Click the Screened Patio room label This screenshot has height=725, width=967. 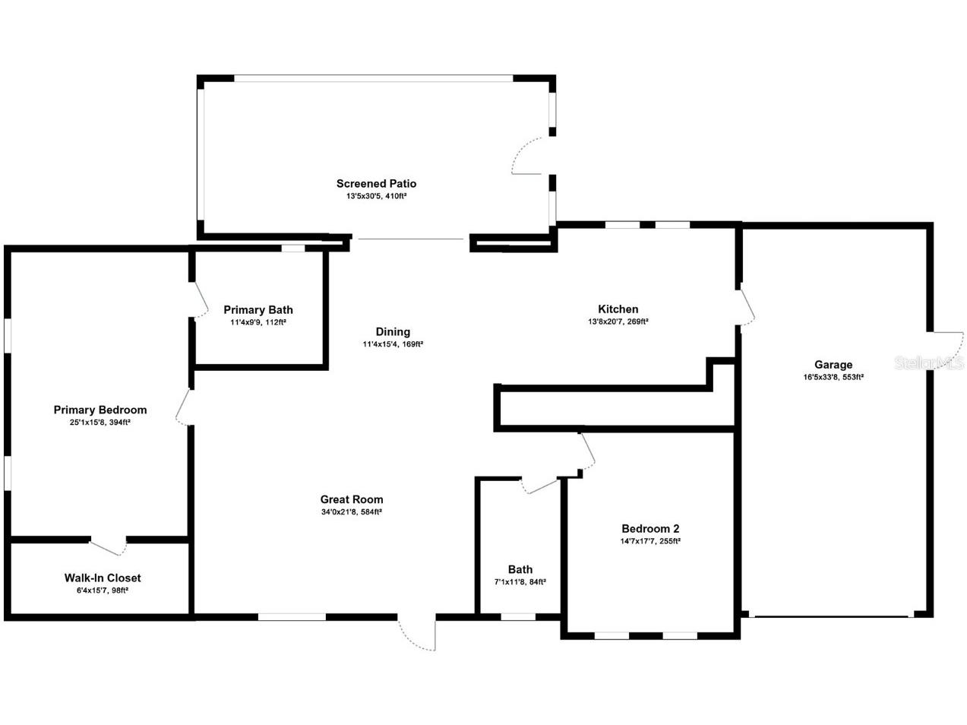click(x=376, y=183)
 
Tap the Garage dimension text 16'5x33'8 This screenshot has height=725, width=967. click(x=833, y=377)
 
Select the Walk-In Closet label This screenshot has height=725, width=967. click(x=103, y=578)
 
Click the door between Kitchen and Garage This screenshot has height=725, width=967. click(x=747, y=307)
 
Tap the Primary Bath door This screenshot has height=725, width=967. click(x=198, y=300)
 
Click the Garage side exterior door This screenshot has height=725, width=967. click(x=945, y=347)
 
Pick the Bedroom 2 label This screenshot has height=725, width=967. click(x=649, y=529)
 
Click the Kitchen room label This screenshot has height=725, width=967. click(x=618, y=309)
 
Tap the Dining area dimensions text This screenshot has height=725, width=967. click(x=392, y=344)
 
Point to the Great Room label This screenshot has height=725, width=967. click(x=351, y=499)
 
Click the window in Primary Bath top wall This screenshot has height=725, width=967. click(x=293, y=248)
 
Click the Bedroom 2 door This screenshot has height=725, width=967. click(x=586, y=453)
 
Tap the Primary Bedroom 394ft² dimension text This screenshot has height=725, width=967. click(x=100, y=423)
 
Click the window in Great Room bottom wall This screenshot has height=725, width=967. click(x=292, y=616)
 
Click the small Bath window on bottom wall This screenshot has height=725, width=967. click(x=518, y=616)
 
